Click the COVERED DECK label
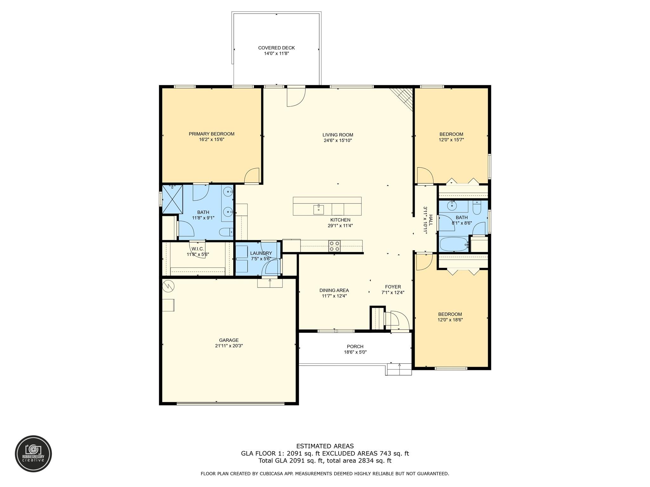pos(276,48)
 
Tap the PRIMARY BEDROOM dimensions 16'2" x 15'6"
pos(211,140)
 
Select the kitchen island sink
pos(318,209)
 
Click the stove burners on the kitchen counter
pos(334,246)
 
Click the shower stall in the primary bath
pos(172,199)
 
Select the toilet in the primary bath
pos(226,232)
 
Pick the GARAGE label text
pos(229,340)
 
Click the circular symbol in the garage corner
pos(168,286)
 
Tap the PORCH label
pos(355,347)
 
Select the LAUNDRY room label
pos(261,253)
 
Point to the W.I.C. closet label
pos(197,249)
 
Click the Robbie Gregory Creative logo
pos(33,453)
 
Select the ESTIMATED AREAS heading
pos(325,446)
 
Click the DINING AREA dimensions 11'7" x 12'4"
pos(334,296)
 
